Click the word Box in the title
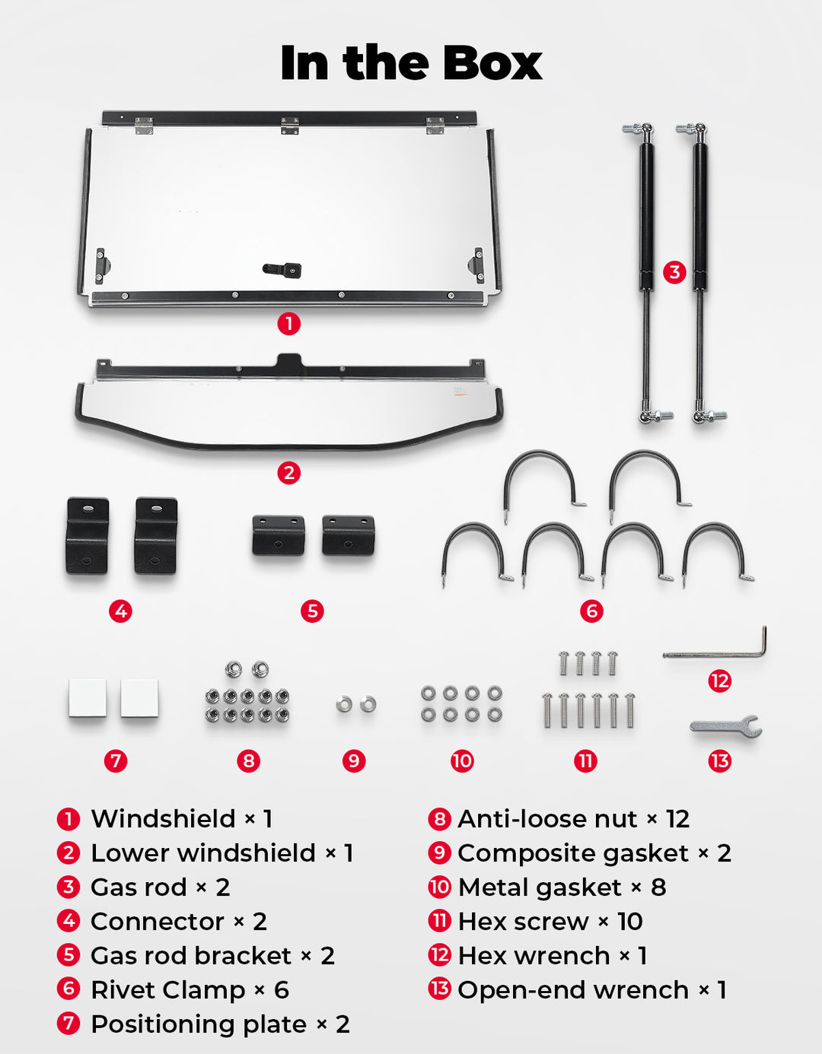(492, 62)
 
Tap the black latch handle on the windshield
(282, 269)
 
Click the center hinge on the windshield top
(290, 125)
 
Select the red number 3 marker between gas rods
(674, 272)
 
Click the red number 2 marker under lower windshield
(288, 472)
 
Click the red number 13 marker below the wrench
(719, 760)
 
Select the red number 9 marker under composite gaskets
(354, 760)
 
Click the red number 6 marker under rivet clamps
(591, 611)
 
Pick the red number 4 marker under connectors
(120, 611)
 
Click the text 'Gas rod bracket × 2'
(212, 956)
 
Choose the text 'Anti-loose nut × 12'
(573, 819)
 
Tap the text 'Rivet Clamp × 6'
(190, 990)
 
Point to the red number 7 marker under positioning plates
(116, 760)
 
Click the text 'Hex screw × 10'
(550, 922)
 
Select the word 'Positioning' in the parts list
(199, 1025)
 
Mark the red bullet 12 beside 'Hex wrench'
(440, 956)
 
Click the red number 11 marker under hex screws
(585, 760)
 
